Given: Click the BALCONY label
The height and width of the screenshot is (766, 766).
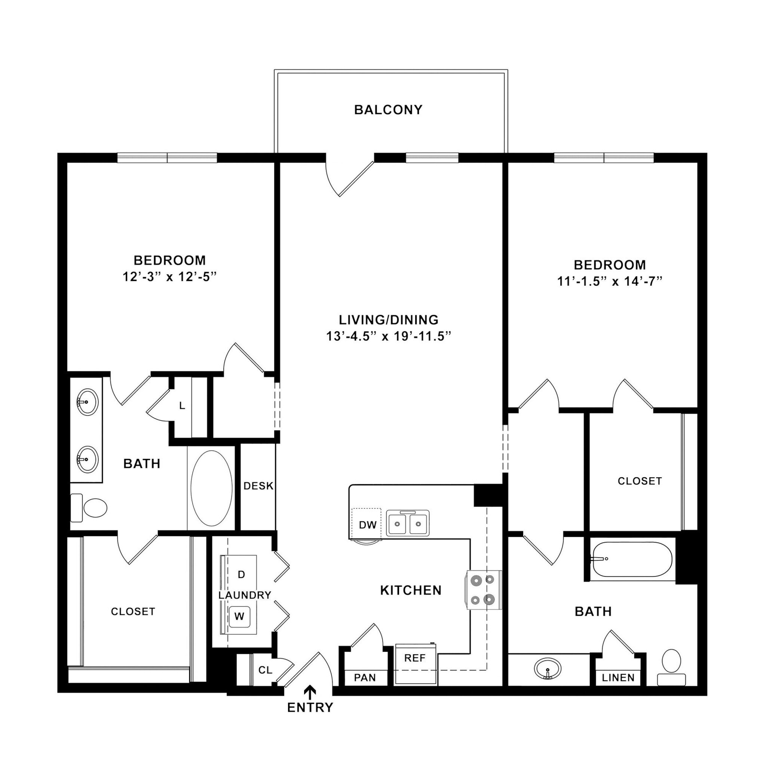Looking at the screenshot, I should coord(388,110).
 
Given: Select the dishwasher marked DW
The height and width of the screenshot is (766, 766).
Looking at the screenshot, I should coord(367,525).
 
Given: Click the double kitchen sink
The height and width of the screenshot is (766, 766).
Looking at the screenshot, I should coord(408,524).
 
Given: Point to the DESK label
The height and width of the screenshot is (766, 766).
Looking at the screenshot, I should coord(258,486).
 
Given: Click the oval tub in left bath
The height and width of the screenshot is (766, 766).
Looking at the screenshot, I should coord(212,488).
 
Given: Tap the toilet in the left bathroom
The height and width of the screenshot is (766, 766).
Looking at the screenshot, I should coord(90,508).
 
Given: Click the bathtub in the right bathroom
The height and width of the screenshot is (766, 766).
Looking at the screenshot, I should coord(632,559).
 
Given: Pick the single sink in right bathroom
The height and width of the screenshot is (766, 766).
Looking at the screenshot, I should coord(548,668).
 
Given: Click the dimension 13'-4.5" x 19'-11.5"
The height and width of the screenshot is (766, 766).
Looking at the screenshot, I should coord(389,337).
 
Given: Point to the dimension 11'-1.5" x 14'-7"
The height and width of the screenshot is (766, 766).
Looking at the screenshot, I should coord(610,282).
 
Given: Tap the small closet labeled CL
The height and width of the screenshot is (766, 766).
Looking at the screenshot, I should coord(265,670).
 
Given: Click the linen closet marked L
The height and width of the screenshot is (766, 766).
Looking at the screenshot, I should coord(182,405).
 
